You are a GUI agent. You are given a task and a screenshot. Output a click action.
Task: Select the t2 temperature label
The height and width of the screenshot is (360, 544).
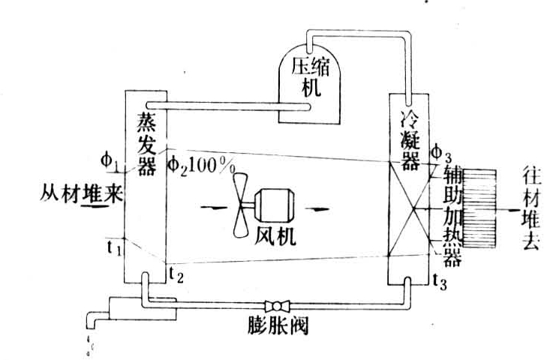point(174,275)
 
